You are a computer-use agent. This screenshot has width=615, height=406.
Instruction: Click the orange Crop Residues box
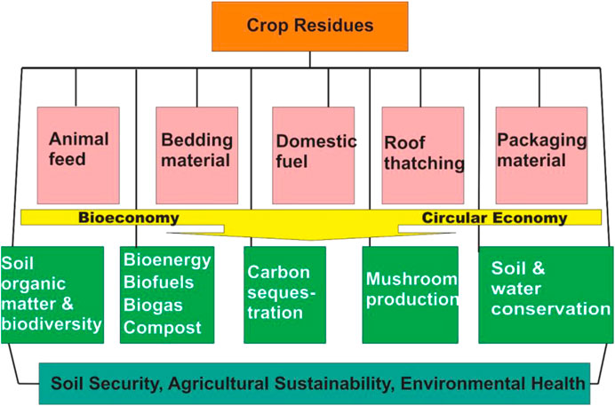coord(310,27)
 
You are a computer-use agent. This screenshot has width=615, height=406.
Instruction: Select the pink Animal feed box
coord(78,155)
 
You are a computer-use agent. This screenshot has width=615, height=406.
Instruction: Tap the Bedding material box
coord(197,155)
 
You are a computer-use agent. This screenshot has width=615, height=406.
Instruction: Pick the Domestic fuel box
coord(314,155)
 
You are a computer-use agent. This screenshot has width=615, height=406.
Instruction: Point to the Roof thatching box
coord(423,155)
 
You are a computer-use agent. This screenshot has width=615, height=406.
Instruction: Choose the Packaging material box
coord(541,155)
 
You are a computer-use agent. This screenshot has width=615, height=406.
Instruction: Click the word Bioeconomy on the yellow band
coord(129,218)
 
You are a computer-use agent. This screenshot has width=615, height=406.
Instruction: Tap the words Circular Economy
coord(495,218)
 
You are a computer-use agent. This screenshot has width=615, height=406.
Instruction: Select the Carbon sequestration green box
coord(284,295)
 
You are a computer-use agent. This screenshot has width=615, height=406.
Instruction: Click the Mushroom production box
coord(411,295)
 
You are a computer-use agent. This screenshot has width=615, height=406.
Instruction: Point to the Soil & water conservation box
coord(546,295)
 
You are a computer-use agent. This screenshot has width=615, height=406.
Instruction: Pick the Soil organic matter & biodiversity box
coord(52,295)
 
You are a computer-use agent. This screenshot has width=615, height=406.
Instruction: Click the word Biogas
coord(153,306)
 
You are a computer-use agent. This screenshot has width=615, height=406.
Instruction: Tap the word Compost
coord(163,328)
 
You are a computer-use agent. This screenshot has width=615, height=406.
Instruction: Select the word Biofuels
coord(158,283)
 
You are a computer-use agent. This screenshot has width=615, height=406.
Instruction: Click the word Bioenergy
coord(167,260)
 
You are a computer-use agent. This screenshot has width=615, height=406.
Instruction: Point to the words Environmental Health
coord(492,383)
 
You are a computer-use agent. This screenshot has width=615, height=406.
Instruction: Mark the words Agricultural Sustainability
coord(282,384)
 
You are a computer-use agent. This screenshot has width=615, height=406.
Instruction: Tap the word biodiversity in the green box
coord(52,324)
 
